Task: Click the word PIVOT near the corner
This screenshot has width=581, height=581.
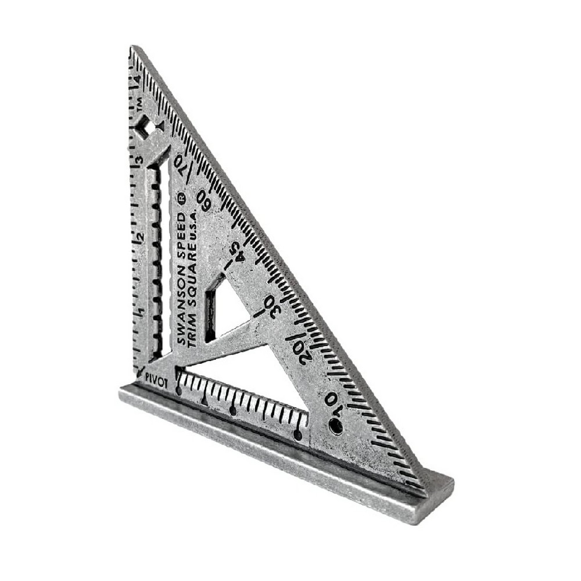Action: click(x=156, y=381)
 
